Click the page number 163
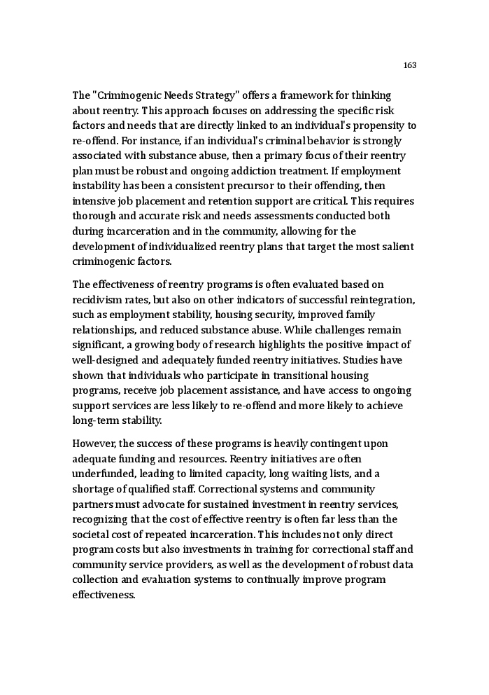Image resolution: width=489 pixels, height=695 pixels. click(x=410, y=65)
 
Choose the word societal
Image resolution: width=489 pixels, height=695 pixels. click(x=91, y=535)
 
